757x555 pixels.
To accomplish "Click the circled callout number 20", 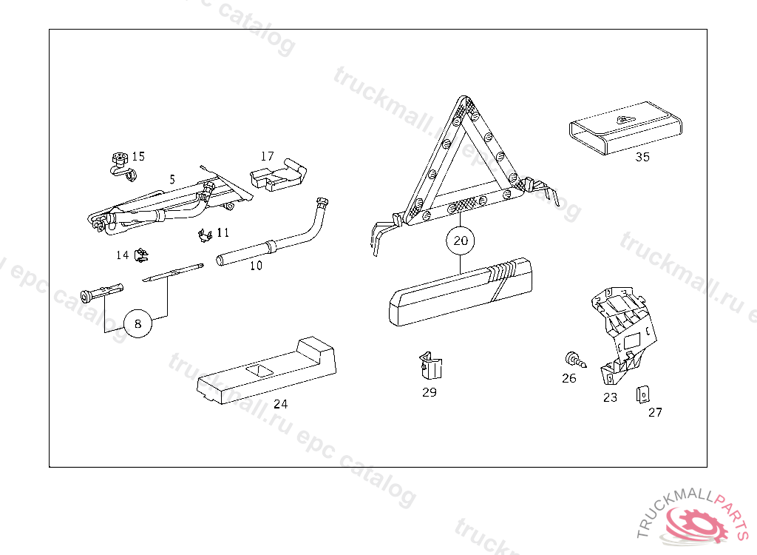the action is click(461, 240).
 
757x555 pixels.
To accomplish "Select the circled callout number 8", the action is click(138, 323).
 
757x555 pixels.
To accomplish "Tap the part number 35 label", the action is click(642, 157).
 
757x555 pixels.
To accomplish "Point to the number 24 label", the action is click(280, 404).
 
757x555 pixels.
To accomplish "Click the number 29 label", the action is click(430, 392).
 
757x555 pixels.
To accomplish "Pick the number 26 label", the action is click(568, 378).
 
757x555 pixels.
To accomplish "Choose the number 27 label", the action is click(655, 412).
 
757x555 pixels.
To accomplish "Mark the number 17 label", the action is click(267, 156).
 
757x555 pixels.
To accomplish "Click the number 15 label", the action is click(138, 156).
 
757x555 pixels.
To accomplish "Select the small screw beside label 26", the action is click(574, 360).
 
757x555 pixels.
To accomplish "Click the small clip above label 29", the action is click(430, 366).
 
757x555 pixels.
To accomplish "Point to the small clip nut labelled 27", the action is click(642, 394).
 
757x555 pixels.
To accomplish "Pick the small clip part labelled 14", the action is click(141, 256).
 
